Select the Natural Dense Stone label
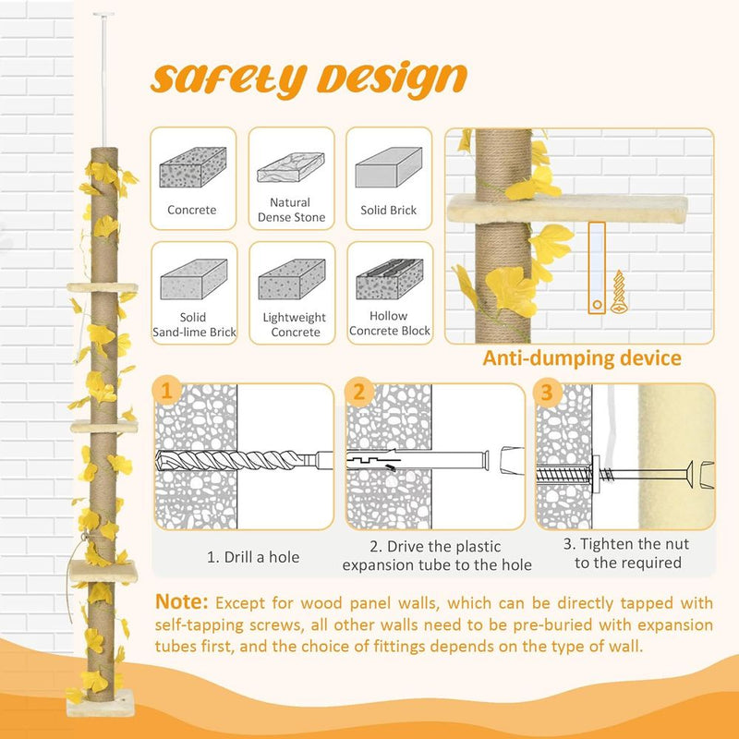click(290, 210)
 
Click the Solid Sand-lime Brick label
click(192, 324)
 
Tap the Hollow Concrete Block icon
click(389, 278)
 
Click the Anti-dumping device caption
click(581, 358)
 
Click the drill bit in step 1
click(231, 459)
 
